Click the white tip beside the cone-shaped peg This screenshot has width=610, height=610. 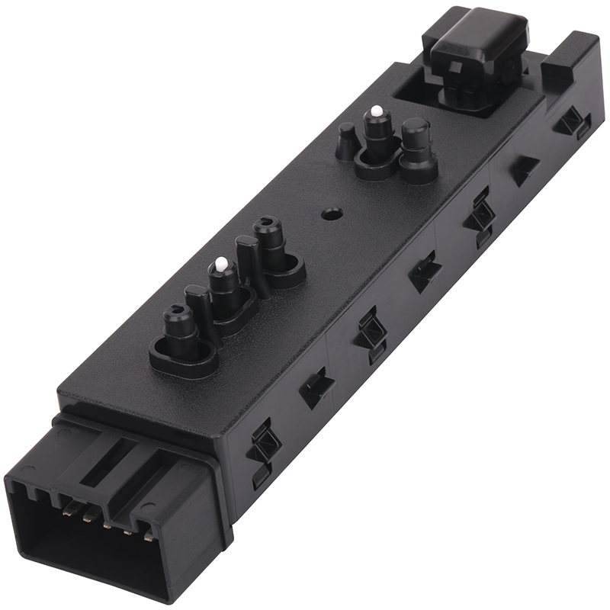point(375,112)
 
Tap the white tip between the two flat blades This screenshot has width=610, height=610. point(220,265)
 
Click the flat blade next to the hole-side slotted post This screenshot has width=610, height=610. point(246,259)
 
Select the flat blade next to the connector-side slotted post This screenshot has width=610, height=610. point(196,309)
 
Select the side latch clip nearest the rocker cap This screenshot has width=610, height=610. point(568,122)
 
